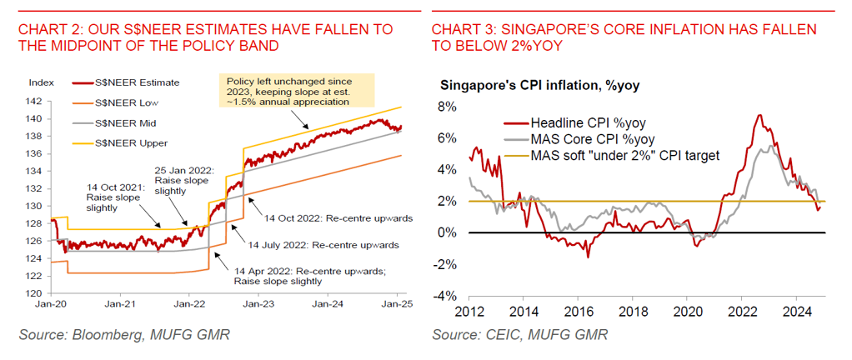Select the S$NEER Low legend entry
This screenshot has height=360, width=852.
point(132,102)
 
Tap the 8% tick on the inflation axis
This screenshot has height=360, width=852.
point(449,107)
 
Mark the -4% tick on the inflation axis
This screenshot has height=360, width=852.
point(446,296)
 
